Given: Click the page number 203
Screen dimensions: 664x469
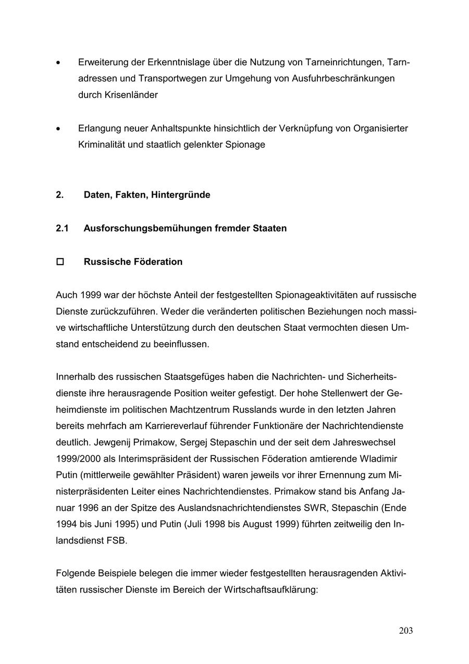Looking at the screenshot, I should click(x=405, y=631).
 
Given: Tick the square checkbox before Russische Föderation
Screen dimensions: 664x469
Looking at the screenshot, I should click(x=60, y=262).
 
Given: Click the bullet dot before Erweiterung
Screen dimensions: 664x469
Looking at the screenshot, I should click(x=58, y=63).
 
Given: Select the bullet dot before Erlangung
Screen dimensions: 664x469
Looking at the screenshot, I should click(x=58, y=128).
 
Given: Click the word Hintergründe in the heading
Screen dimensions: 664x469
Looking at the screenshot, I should click(x=181, y=195).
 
